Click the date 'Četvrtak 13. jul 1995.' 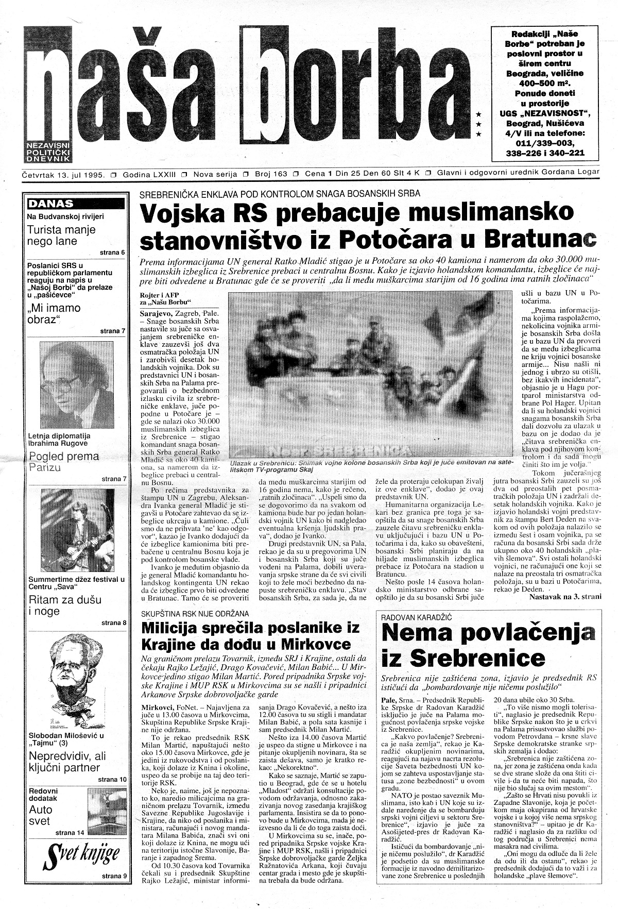64,174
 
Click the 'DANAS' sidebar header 51,204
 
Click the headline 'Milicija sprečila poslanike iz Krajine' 250,636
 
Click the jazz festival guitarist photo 77,531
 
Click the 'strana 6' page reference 112,252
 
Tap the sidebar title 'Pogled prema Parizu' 64,462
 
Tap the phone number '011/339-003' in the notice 545,143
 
